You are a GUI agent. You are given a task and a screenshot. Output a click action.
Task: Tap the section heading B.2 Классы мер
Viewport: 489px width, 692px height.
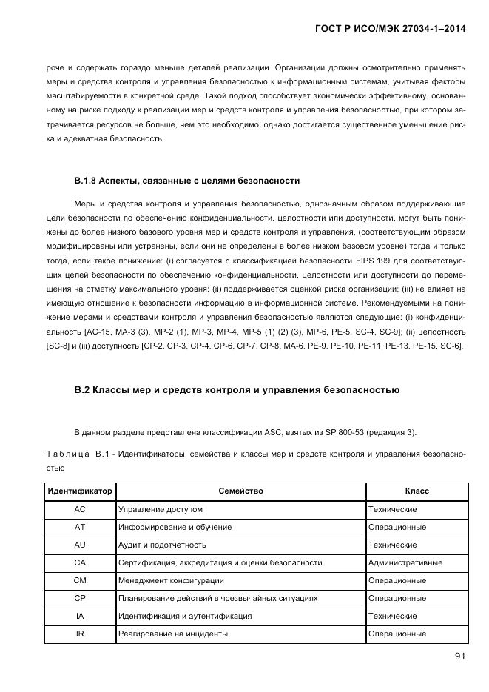click(237, 389)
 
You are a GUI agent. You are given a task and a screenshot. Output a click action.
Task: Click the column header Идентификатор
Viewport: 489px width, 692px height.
click(80, 491)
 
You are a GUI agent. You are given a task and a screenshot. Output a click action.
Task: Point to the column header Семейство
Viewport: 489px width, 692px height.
click(241, 491)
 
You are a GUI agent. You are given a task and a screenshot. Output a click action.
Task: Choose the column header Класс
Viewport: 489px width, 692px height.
click(417, 491)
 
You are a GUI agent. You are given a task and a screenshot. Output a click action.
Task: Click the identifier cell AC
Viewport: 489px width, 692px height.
click(80, 509)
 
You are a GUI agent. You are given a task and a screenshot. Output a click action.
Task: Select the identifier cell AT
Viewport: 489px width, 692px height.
click(80, 527)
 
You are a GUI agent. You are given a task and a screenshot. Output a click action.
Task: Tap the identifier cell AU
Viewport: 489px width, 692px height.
click(80, 545)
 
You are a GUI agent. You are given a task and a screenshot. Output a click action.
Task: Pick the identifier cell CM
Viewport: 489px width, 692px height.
click(80, 580)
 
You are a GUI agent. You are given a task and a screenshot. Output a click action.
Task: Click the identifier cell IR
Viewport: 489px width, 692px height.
click(80, 634)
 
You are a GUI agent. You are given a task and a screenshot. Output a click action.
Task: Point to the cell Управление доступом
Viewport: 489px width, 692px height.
click(161, 509)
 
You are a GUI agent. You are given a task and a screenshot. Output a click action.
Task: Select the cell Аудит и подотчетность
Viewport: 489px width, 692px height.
click(162, 545)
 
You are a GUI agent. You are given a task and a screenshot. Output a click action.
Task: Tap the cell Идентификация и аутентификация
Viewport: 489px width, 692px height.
click(185, 616)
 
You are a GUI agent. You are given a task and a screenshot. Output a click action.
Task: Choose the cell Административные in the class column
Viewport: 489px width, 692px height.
click(405, 562)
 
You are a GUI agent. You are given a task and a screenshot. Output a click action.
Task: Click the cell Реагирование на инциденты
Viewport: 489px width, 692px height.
click(172, 634)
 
